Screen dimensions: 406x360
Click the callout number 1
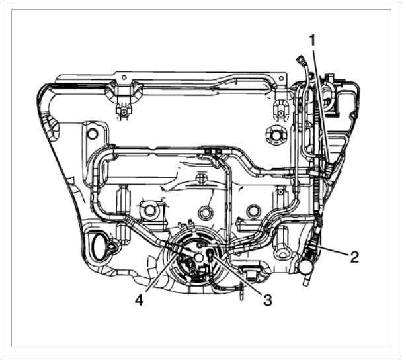(313, 41)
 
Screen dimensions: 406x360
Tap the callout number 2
(354, 257)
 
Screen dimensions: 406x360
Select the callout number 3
(268, 300)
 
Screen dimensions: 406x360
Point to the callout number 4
(139, 300)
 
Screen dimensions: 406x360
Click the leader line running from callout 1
(321, 106)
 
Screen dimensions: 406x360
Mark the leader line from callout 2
(333, 251)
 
